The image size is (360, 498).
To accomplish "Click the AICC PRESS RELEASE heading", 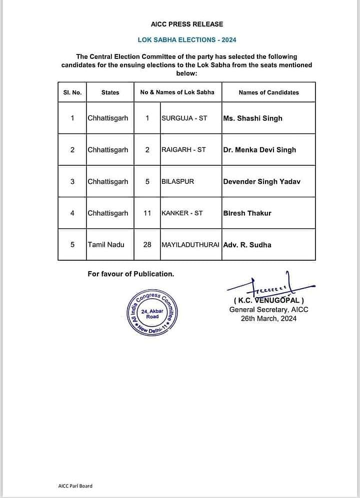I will point(187,24).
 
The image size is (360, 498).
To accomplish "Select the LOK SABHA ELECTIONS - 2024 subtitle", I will point(187,39).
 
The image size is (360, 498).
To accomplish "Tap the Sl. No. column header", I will point(72,92).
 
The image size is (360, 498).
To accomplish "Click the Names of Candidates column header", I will point(268,92).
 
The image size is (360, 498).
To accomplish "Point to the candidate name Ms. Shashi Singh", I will point(252,118).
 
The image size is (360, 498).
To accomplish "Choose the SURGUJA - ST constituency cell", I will point(184,118).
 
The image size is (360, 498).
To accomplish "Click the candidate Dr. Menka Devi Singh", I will point(259,150).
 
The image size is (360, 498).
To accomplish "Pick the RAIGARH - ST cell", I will point(183,150).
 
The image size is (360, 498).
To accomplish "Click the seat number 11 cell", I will point(147,213).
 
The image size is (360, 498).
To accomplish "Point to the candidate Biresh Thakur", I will point(247,213).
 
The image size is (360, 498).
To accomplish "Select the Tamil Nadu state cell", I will point(106,245).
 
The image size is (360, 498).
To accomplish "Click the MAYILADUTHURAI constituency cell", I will point(190,245).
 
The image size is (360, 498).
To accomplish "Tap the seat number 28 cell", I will point(147,245).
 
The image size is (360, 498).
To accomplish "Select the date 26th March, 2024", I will point(268,318).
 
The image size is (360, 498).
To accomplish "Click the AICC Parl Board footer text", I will point(75,486).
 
